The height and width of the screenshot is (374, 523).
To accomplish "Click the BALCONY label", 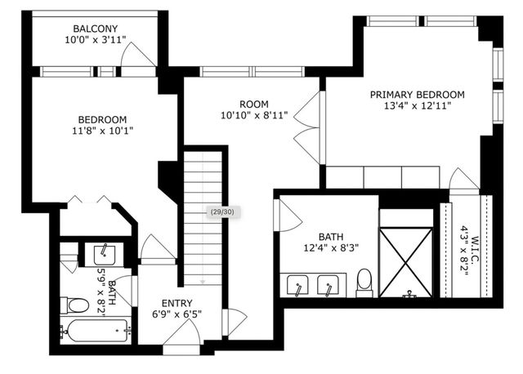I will (x=91, y=28).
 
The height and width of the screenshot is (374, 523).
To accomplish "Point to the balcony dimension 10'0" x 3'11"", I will (x=91, y=39).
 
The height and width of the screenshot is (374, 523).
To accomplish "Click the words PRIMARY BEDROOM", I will (x=417, y=94).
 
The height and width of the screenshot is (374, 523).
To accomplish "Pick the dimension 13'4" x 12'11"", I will (x=417, y=105).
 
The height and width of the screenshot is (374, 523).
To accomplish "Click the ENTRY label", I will (x=177, y=302).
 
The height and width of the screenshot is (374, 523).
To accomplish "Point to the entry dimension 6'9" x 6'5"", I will (x=177, y=314).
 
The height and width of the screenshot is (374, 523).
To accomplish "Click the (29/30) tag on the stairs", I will (x=221, y=212).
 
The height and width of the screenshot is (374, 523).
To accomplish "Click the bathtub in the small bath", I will (x=93, y=333).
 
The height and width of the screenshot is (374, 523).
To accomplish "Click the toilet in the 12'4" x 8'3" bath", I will (x=364, y=283).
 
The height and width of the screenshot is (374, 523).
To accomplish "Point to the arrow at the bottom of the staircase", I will (x=203, y=281).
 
